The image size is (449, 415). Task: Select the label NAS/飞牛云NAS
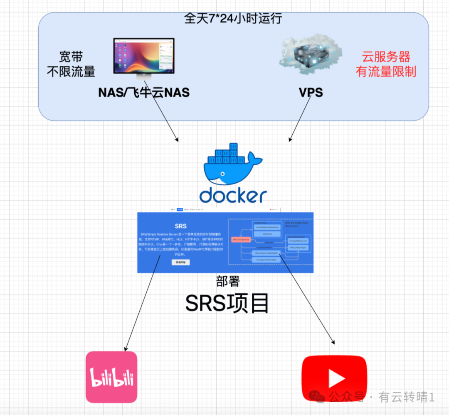[144, 92]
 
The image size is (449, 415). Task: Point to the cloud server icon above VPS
[311, 55]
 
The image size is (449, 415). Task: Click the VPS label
[311, 92]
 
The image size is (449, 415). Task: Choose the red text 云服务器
[386, 57]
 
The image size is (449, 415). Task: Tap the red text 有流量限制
[386, 72]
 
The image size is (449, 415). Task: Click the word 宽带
[71, 57]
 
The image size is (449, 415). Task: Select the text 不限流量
[71, 72]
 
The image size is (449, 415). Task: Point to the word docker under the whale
[233, 196]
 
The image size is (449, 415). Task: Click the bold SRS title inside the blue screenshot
[180, 226]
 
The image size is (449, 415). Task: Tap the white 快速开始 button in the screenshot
[180, 262]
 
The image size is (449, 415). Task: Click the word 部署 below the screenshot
[228, 282]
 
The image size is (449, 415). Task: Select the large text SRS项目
[227, 303]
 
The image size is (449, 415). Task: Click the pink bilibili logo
[111, 377]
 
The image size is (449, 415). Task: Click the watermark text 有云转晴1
[406, 398]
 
